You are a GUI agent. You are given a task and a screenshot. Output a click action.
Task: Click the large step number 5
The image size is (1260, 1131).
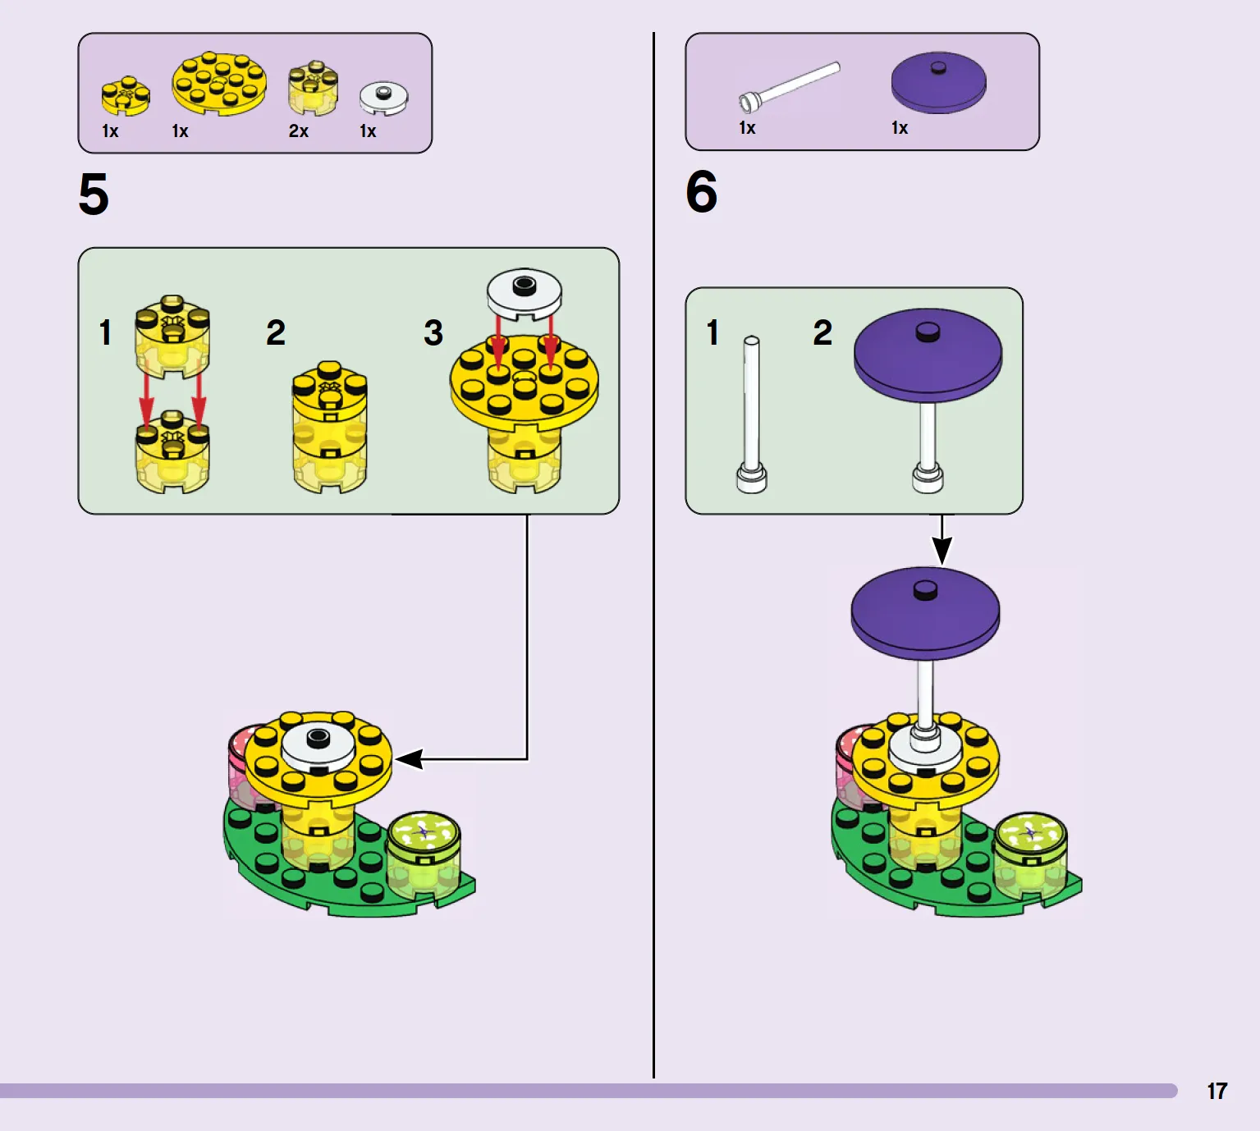pos(94,194)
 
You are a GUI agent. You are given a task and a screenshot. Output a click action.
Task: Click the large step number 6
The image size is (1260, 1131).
pos(702,191)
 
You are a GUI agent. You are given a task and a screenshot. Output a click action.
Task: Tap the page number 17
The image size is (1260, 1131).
pos(1217,1091)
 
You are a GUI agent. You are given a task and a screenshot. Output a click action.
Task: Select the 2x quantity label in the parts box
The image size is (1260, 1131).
pos(299,131)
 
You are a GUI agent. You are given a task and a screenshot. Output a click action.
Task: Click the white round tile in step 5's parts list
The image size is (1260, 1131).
pos(383,98)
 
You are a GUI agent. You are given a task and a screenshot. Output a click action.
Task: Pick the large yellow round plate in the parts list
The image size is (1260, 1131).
pos(219,84)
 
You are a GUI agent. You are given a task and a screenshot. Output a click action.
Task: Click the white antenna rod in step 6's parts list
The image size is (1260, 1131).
pos(789,87)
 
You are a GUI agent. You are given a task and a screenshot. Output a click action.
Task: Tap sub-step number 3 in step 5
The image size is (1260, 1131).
pos(433,332)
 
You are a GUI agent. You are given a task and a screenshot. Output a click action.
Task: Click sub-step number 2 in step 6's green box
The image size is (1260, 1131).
pos(822,332)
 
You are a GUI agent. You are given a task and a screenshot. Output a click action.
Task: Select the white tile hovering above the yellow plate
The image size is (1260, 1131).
pos(525,294)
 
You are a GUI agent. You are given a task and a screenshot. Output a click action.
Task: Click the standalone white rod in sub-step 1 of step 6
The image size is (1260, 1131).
pos(751,414)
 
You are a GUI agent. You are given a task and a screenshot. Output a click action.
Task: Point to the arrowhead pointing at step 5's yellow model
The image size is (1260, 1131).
pos(410,758)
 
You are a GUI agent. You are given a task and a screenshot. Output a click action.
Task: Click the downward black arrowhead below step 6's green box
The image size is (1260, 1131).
pos(942,550)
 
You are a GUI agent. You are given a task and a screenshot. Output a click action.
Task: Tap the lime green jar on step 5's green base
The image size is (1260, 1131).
pos(424,854)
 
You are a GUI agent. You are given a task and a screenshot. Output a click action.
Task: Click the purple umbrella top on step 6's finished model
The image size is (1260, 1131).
pos(925,612)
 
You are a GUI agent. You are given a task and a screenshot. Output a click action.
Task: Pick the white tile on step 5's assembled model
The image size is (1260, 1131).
pos(318,748)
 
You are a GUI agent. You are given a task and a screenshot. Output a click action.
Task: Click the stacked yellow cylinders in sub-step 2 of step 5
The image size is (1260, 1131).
pos(330,427)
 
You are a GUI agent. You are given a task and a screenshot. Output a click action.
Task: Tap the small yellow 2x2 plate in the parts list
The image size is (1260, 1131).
pos(126,96)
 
